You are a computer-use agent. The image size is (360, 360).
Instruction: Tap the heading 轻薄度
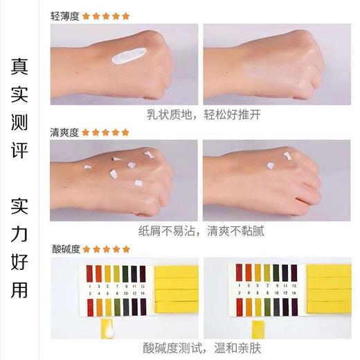[x=65, y=15]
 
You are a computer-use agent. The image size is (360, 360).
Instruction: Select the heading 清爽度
[x=65, y=132]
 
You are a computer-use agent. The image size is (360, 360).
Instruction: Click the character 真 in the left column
[x=20, y=66]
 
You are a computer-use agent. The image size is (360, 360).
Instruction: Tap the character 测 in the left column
[x=20, y=124]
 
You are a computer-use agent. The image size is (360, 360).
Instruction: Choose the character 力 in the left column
[x=20, y=233]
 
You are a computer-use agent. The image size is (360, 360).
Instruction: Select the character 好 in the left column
[x=20, y=262]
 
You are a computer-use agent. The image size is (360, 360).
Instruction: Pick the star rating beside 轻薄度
[x=106, y=15]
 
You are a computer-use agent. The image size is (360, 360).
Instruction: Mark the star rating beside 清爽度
[x=106, y=132]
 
